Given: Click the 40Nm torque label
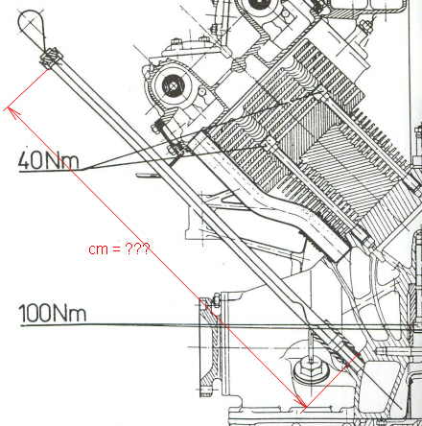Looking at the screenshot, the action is [48, 160].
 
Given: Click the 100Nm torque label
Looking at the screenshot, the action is [53, 313].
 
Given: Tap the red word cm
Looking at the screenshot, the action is [98, 249].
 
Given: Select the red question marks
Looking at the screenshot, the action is [137, 248].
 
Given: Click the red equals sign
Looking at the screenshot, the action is [116, 249].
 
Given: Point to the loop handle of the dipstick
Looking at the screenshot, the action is [31, 26].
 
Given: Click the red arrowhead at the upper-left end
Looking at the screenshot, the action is [13, 112].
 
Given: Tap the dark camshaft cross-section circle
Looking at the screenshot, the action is [173, 85].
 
